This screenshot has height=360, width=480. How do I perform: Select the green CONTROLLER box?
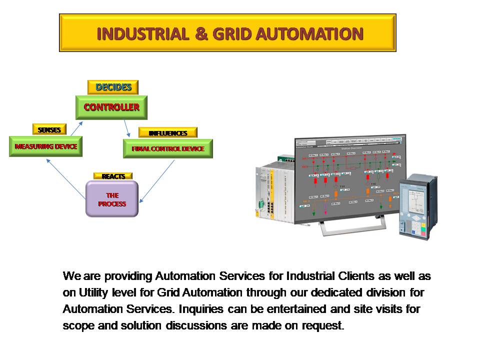coord(111,107)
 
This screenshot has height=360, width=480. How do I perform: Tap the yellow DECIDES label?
coord(113,87)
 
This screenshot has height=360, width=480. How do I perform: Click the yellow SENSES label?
coord(49,129)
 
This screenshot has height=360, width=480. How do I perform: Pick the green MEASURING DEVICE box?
coord(45,146)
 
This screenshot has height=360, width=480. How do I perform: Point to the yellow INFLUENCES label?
coord(167,133)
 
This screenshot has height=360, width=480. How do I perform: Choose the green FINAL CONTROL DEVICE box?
coord(168,148)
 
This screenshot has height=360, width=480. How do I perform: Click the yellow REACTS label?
coord(113,176)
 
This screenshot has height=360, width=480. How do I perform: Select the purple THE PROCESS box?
coord(112,199)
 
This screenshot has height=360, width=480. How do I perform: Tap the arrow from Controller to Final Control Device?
coord(127,128)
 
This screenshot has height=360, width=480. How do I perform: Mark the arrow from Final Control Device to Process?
coord(157,181)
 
